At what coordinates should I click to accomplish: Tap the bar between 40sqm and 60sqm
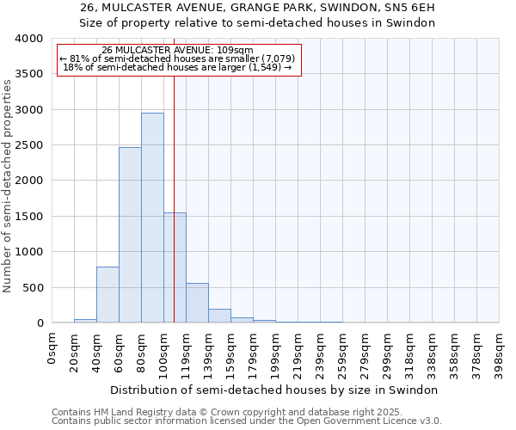tap(107, 294)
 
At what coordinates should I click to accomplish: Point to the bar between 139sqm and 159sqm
tap(219, 316)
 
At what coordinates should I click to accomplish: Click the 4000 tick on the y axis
tap(29, 39)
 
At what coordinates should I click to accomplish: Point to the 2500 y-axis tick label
tap(29, 145)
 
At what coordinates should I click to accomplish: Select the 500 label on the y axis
tap(33, 287)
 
